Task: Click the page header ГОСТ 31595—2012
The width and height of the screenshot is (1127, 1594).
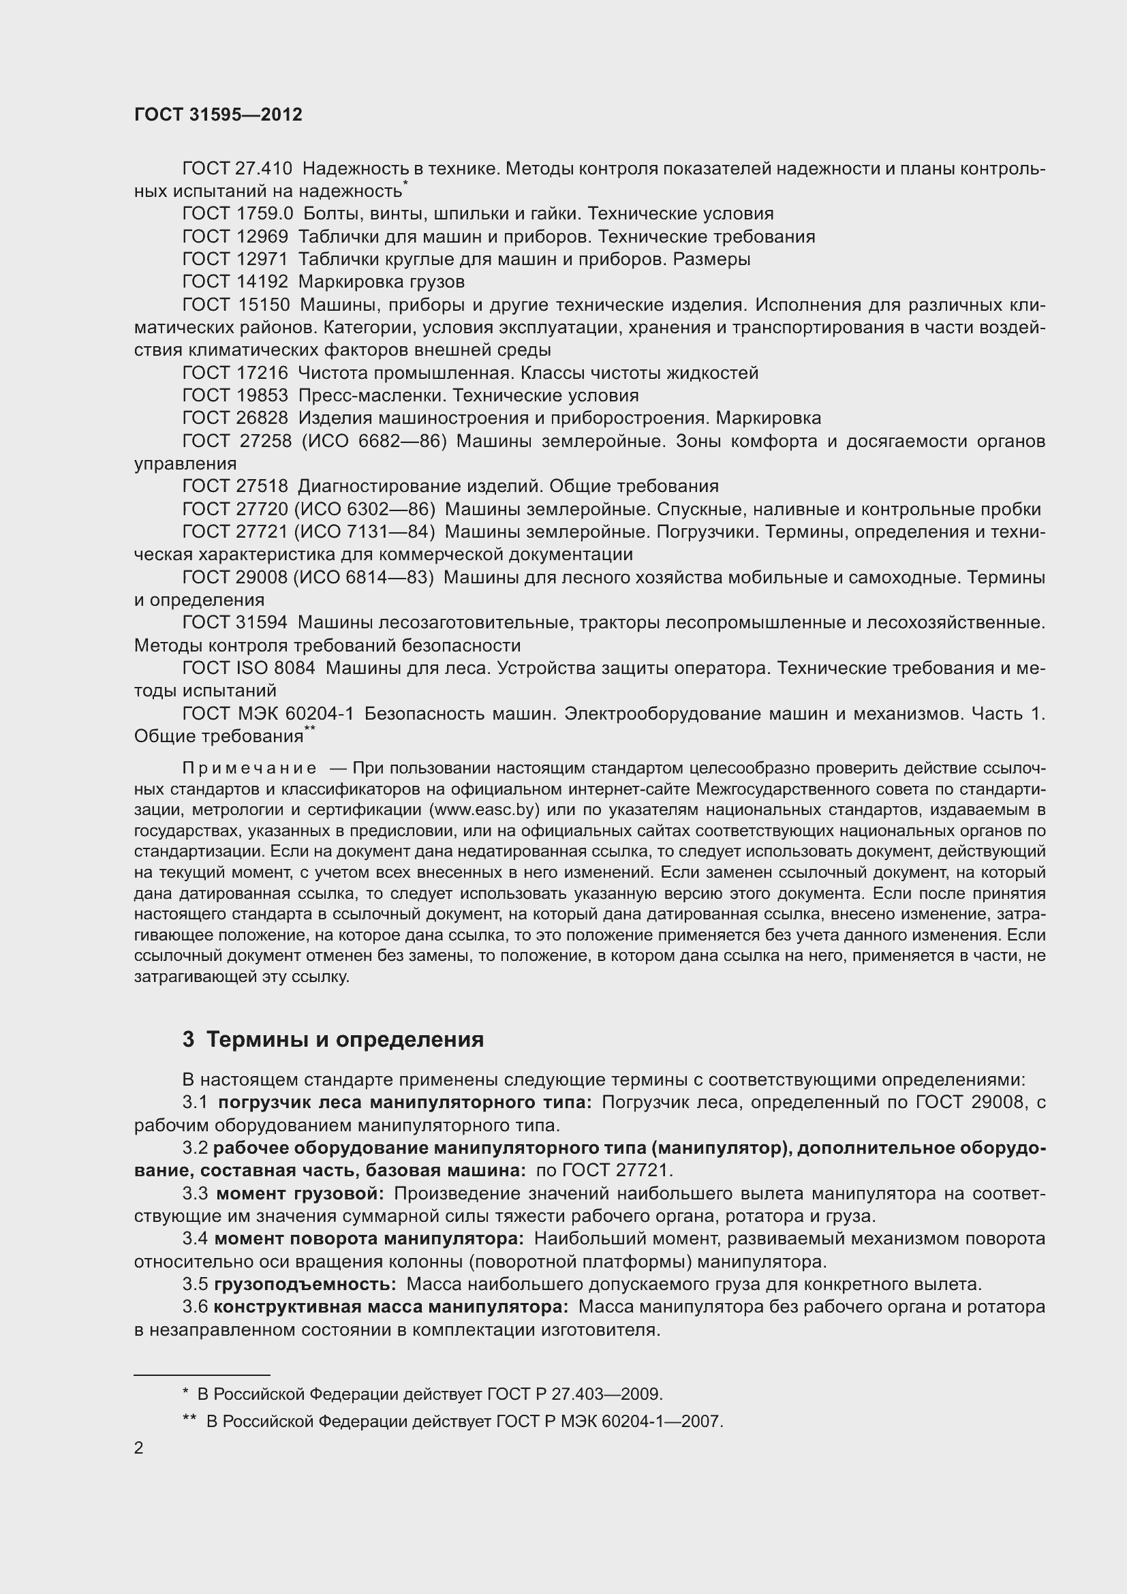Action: pyautogui.click(x=218, y=114)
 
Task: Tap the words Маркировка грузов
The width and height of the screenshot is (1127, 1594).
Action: pyautogui.click(x=381, y=282)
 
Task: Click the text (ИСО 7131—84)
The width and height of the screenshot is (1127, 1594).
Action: pyautogui.click(x=365, y=532)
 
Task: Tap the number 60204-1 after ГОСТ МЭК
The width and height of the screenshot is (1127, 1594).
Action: pyautogui.click(x=318, y=714)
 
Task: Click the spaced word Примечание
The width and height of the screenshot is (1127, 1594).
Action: pyautogui.click(x=249, y=769)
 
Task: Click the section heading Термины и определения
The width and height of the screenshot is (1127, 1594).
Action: pyautogui.click(x=345, y=1040)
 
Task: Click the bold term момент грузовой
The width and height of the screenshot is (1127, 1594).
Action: pyautogui.click(x=300, y=1194)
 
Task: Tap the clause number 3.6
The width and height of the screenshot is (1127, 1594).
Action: pyautogui.click(x=195, y=1307)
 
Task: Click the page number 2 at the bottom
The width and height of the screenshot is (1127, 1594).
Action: pyautogui.click(x=139, y=1448)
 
